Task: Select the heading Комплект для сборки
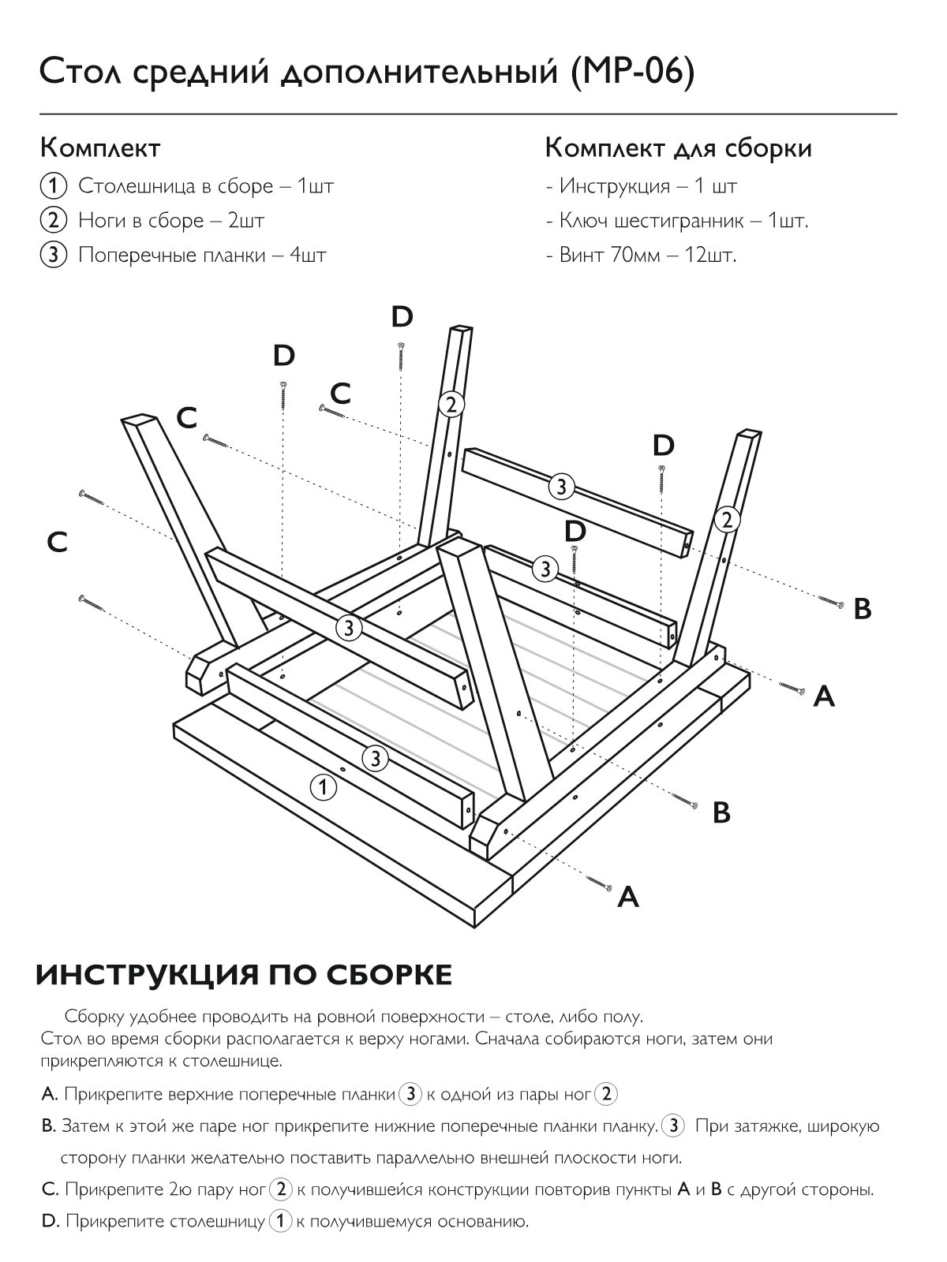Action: click(x=678, y=147)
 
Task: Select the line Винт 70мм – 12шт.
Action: click(x=641, y=255)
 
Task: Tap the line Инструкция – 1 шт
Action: click(x=642, y=186)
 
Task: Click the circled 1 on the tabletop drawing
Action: click(x=322, y=786)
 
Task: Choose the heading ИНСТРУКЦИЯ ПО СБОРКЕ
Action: click(x=245, y=975)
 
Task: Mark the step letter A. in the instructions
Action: click(x=50, y=1094)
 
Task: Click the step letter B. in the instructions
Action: click(x=49, y=1126)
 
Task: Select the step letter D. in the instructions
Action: click(x=50, y=1222)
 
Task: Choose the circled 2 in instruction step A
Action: click(x=606, y=1094)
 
